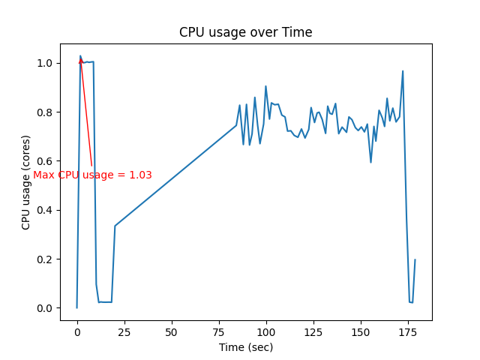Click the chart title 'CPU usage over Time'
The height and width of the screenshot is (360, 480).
(x=245, y=32)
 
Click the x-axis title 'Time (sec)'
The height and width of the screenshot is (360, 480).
(x=245, y=347)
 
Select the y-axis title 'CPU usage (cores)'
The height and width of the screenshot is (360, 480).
(x=25, y=181)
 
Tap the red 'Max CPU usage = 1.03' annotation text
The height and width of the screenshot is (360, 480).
(x=92, y=175)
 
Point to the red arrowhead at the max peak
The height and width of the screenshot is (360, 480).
(x=81, y=61)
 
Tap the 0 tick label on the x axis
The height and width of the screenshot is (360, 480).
(x=77, y=331)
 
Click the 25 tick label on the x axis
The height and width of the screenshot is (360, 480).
(x=124, y=331)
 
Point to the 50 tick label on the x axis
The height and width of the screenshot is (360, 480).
(x=172, y=331)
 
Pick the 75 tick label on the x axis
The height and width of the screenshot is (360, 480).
(x=219, y=331)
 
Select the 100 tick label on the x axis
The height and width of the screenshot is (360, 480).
(x=266, y=331)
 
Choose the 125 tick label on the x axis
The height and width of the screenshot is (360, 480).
(x=313, y=331)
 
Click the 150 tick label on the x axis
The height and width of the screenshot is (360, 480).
(x=361, y=331)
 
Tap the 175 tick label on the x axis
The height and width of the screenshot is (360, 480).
(x=408, y=331)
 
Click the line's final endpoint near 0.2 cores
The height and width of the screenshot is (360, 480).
(x=415, y=259)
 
